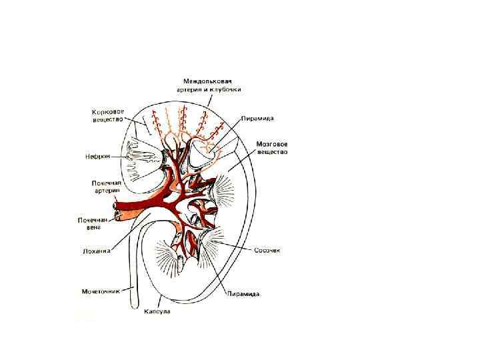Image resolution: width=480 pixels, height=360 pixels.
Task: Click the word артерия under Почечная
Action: [x=107, y=190]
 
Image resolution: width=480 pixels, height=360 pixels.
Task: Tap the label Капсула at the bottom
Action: [x=157, y=311]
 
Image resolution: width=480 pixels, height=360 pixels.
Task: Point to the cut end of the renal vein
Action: [x=117, y=214]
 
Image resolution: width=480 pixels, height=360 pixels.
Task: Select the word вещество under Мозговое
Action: [x=272, y=152]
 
